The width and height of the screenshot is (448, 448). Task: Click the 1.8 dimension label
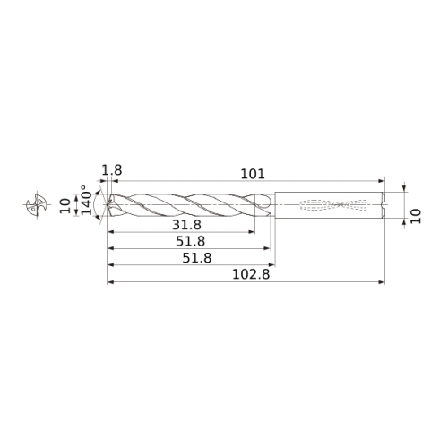112,170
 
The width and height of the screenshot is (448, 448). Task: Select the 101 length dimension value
253,174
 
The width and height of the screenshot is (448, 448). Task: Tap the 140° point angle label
87,200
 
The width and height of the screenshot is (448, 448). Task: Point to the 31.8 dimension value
186,225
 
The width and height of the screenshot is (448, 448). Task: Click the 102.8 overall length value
251,274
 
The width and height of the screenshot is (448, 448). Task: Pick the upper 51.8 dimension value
190,241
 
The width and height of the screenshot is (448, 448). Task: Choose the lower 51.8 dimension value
197,258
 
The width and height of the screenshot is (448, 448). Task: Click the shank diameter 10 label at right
416,216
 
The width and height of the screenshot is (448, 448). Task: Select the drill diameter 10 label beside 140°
65,206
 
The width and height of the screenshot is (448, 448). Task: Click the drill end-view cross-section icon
37,204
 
